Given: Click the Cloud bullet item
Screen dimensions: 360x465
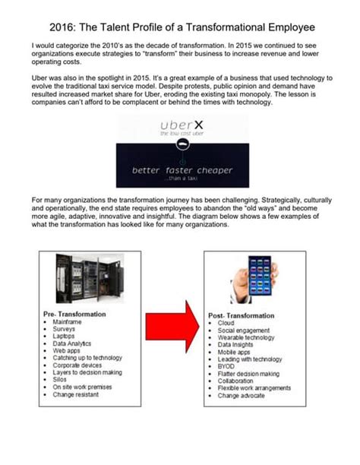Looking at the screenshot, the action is click(226, 323).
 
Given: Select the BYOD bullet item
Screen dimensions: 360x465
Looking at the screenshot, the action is click(226, 365).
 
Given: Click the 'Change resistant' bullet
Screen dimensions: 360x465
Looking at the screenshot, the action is click(77, 394).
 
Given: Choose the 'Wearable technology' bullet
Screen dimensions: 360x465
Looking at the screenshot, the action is click(248, 337).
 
